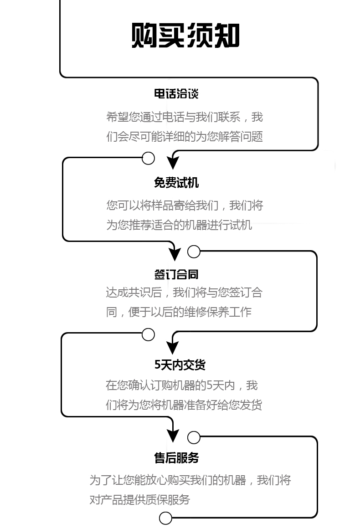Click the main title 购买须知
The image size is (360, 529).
click(185, 35)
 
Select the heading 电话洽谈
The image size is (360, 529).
click(176, 93)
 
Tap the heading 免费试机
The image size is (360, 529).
click(176, 183)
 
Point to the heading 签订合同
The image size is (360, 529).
click(176, 274)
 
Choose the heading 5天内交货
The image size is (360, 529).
click(180, 365)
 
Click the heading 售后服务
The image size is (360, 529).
click(176, 458)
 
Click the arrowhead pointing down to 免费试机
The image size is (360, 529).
click(173, 163)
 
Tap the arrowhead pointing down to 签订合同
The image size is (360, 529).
click(175, 254)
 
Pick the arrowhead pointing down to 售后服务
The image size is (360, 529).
click(173, 436)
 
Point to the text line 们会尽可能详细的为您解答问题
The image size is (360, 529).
click(185, 137)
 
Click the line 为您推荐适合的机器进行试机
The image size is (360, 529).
click(179, 225)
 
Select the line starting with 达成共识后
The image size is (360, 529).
click(184, 293)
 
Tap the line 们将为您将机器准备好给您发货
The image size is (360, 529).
click(184, 405)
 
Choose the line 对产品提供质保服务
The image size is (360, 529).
click(140, 500)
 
